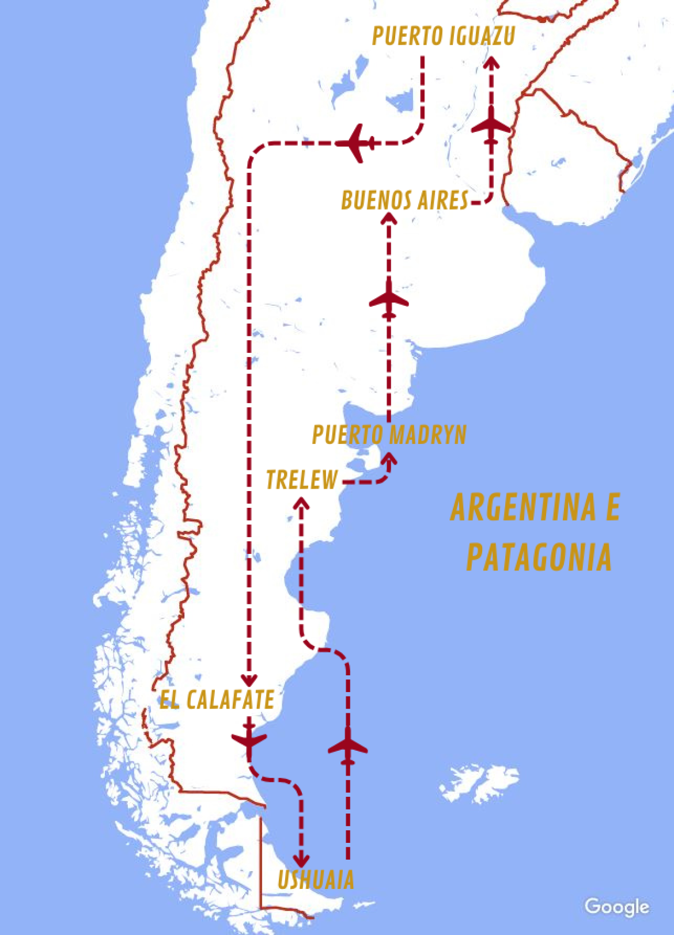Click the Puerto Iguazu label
click(443, 36)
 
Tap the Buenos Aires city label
click(405, 201)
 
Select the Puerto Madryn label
click(389, 435)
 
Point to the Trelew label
click(301, 480)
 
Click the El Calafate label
click(217, 700)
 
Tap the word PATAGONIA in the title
click(539, 557)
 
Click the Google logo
click(616, 907)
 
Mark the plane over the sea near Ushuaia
click(347, 747)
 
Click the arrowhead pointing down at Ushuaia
click(301, 860)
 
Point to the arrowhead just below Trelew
click(301, 503)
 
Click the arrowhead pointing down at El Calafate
click(249, 679)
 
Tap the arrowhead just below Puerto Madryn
click(389, 459)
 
